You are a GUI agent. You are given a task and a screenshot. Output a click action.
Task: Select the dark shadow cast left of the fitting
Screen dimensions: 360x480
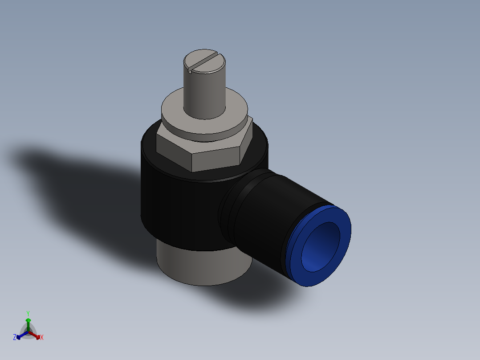pyautogui.click(x=80, y=178)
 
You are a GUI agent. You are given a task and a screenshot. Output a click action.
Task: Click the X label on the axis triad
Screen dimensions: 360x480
pyautogui.click(x=42, y=338)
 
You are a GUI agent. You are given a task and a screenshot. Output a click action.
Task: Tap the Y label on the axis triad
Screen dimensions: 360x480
pyautogui.click(x=28, y=313)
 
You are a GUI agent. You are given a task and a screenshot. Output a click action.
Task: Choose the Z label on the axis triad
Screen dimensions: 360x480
pyautogui.click(x=15, y=338)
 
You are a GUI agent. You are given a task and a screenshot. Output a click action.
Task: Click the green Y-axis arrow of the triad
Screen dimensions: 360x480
pyautogui.click(x=28, y=323)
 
